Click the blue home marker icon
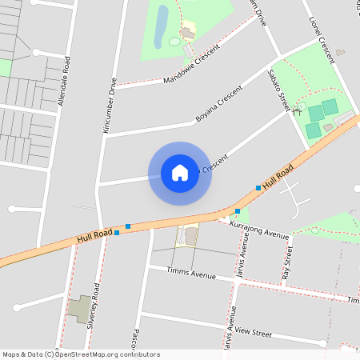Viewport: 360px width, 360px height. [180, 173]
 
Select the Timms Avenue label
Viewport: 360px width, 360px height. [192, 274]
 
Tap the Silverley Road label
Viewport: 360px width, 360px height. [94, 305]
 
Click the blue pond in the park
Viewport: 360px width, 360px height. [162, 24]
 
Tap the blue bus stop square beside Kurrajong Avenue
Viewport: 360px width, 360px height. [238, 211]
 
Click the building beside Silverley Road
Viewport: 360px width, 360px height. [78, 308]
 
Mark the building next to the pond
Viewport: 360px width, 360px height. [188, 32]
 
